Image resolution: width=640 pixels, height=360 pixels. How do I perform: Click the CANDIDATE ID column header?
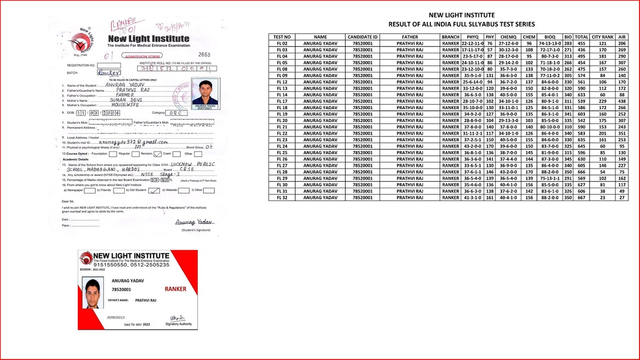pyautogui.click(x=363, y=36)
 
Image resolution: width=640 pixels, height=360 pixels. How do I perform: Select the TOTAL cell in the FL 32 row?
pyautogui.click(x=582, y=197)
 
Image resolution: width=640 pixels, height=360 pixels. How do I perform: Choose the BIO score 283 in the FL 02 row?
pyautogui.click(x=568, y=43)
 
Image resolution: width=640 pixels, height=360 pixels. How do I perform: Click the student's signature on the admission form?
pyautogui.click(x=194, y=222)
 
